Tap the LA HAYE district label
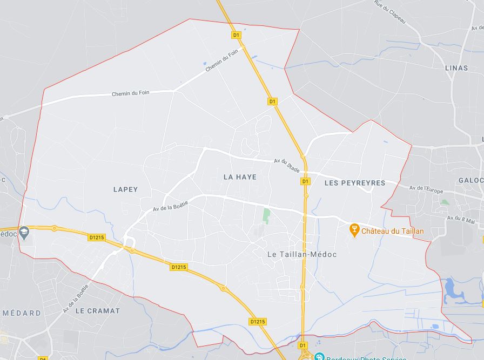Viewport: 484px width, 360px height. click(240, 176)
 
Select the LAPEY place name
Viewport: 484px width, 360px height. click(125, 189)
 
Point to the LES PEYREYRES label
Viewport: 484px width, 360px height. click(355, 183)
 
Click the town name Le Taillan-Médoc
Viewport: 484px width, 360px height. click(302, 254)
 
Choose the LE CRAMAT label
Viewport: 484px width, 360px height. click(98, 311)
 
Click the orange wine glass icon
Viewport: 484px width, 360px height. click(354, 230)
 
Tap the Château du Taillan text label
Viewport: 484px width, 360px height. click(393, 232)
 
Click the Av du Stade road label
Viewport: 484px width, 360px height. click(287, 165)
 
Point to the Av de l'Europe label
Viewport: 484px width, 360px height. click(426, 188)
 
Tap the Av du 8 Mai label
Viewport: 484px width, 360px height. click(461, 220)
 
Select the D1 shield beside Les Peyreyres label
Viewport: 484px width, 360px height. click(306, 182)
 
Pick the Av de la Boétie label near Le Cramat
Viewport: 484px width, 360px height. click(75, 299)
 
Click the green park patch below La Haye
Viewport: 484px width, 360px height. click(266, 216)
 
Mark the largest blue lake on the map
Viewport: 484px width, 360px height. click(451, 291)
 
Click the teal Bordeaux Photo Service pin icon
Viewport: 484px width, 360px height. click(319, 357)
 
